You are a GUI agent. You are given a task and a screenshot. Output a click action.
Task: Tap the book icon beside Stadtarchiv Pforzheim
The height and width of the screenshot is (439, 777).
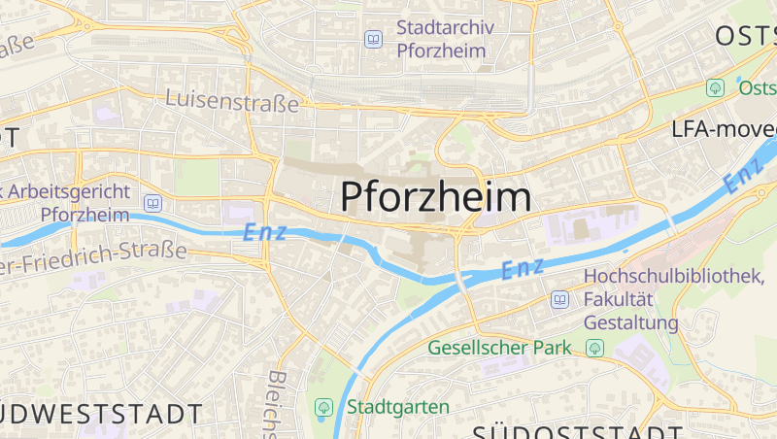(373, 39)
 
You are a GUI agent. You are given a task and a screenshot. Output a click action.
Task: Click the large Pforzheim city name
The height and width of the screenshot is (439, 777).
(436, 197)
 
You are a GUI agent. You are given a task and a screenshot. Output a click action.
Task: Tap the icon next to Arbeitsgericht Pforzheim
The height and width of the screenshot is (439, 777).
(152, 203)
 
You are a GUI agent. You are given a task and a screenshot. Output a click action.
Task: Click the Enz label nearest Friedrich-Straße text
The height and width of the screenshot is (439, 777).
(264, 232)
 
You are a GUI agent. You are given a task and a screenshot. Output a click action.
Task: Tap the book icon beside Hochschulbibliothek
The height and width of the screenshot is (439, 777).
(559, 299)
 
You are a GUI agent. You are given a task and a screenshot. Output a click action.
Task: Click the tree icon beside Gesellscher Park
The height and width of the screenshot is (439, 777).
(594, 348)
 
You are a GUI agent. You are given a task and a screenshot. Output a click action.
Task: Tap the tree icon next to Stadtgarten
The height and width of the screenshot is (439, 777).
(323, 407)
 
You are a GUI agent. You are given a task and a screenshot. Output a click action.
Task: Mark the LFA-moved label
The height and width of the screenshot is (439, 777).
(724, 129)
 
